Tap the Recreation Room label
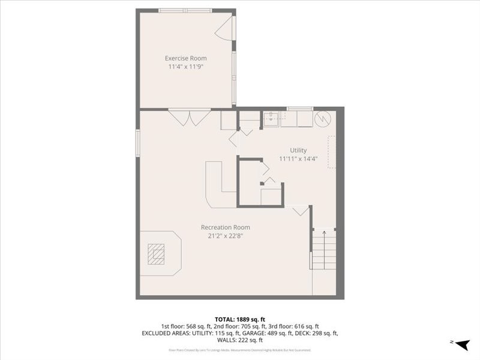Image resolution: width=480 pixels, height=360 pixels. click(x=225, y=227)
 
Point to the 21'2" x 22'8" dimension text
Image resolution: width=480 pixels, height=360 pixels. click(x=225, y=236)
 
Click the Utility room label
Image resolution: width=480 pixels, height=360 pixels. click(x=298, y=150)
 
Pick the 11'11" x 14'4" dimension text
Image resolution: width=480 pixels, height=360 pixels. click(x=298, y=159)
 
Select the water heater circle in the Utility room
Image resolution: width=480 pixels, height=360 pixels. click(x=323, y=119)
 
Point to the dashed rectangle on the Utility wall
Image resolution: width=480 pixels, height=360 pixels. click(x=331, y=152)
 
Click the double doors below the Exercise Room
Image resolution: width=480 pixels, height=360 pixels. click(x=189, y=116)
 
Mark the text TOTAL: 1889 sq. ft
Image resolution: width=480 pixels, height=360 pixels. click(x=240, y=319)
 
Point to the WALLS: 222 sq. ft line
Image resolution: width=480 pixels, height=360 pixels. click(x=240, y=340)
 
